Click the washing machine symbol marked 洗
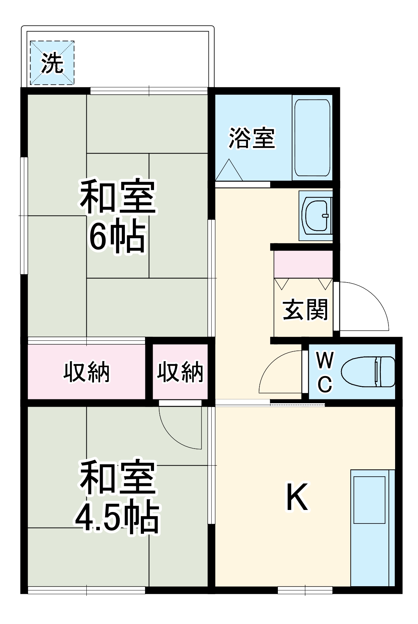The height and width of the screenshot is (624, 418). point(52,63)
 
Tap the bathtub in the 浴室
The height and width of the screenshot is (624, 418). point(312,138)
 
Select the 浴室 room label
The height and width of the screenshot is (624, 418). point(251,138)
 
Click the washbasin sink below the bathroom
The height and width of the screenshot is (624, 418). point(316,215)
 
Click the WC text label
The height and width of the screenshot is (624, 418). point(325,372)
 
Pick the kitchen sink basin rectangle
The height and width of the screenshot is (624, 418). point(369,500)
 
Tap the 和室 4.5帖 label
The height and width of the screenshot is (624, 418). point(117,496)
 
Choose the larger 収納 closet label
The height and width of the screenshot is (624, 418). point(86,372)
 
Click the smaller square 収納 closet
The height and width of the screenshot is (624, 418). point(180,372)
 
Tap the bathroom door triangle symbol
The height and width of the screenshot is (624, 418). point(229,170)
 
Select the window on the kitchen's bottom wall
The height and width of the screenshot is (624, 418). point(305,590)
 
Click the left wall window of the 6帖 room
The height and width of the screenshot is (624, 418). point(24,216)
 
